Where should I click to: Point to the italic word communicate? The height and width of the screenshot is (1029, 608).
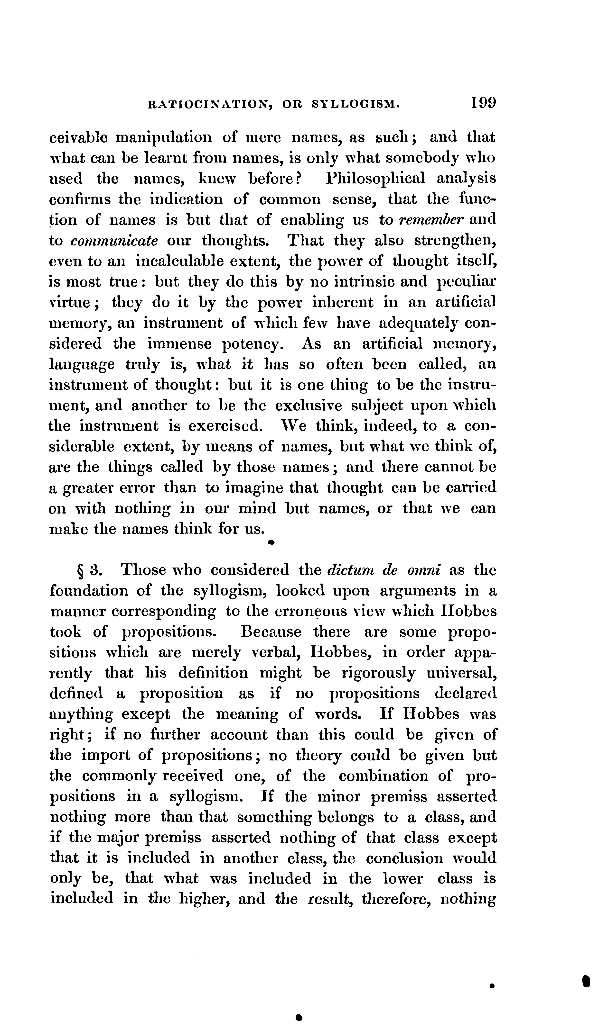(x=114, y=241)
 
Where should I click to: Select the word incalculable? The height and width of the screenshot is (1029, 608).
(x=180, y=261)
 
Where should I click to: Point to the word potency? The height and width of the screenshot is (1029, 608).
(x=252, y=344)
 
